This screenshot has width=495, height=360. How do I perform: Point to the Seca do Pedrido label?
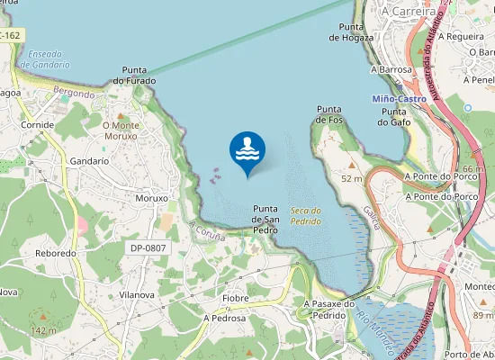click(306, 214)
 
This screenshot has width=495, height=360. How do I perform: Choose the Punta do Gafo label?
click(394, 115)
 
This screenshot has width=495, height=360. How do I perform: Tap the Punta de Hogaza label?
click(346, 32)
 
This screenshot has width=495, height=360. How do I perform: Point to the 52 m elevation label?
click(351, 179)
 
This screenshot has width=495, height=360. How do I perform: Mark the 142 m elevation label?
click(43, 331)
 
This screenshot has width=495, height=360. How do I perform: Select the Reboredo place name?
click(55, 254)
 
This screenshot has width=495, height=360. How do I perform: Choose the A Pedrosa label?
click(224, 318)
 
